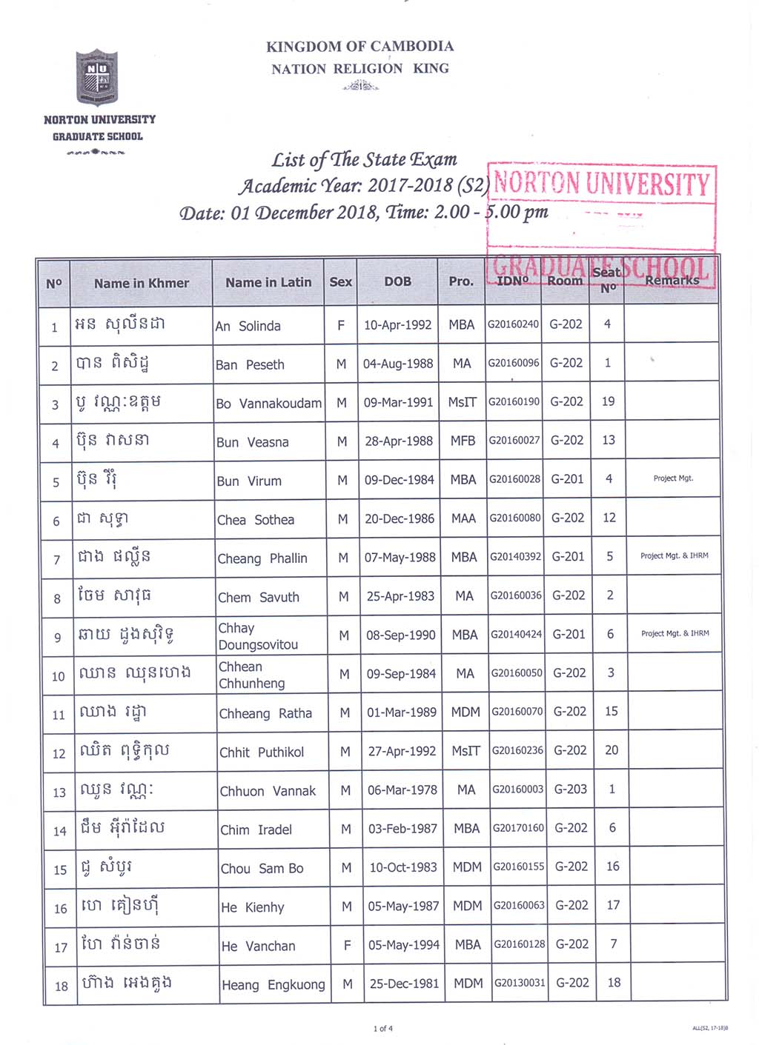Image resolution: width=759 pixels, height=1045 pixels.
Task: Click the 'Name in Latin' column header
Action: click(268, 282)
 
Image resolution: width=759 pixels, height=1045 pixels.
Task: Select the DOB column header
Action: click(397, 281)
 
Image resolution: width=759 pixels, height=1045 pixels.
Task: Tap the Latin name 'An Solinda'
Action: click(248, 326)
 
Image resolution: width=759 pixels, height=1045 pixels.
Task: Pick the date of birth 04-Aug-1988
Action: click(398, 364)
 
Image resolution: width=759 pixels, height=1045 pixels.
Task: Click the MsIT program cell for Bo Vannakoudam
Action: click(462, 402)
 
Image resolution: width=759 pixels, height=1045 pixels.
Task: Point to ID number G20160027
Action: click(514, 440)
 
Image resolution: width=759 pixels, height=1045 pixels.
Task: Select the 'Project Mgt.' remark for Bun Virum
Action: click(673, 478)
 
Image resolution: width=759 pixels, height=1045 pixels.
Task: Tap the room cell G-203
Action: click(571, 789)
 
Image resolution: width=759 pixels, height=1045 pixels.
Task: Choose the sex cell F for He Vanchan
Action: click(347, 945)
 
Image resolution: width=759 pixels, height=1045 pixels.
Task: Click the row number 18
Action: click(62, 986)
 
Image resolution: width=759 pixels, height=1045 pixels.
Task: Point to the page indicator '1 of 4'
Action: click(382, 1028)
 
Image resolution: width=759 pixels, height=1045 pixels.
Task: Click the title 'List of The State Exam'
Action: click(364, 159)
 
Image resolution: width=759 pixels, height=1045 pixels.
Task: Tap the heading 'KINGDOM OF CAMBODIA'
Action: click(359, 46)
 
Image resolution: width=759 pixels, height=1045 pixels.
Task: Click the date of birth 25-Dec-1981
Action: click(404, 984)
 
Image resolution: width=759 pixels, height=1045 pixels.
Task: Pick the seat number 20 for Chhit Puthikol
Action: click(611, 750)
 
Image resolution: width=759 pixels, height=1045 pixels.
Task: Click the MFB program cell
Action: click(463, 441)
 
